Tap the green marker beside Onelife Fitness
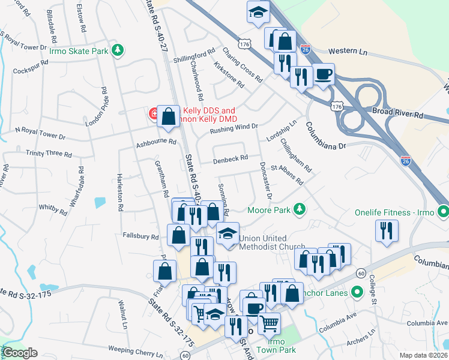(443, 211)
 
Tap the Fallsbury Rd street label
(140, 236)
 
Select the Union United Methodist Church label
(272, 242)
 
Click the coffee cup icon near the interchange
(324, 74)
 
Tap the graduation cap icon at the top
(258, 12)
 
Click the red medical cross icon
(154, 113)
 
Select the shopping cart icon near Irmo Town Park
(269, 323)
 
